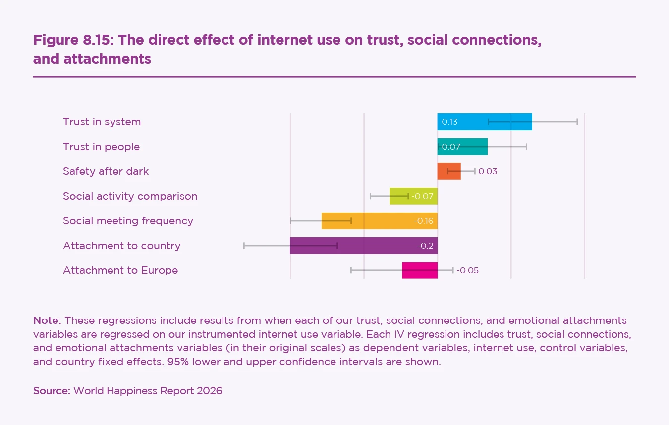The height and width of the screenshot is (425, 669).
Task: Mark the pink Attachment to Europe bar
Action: pos(420,270)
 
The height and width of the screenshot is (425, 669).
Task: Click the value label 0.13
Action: pos(449,122)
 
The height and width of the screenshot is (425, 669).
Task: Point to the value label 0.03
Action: pos(488,172)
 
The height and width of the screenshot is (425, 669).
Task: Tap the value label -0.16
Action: pos(424,221)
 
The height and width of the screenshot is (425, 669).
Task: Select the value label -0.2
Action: pos(425,246)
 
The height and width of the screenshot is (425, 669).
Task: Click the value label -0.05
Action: pos(467,271)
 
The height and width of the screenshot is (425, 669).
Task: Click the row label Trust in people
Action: pos(101,147)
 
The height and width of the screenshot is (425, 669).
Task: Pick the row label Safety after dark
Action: pos(106,171)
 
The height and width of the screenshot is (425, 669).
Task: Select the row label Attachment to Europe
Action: pos(120,270)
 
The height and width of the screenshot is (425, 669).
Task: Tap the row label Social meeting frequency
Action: pos(128,221)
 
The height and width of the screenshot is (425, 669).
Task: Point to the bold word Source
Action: pos(51,390)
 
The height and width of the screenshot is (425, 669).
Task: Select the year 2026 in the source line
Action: pos(209,390)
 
